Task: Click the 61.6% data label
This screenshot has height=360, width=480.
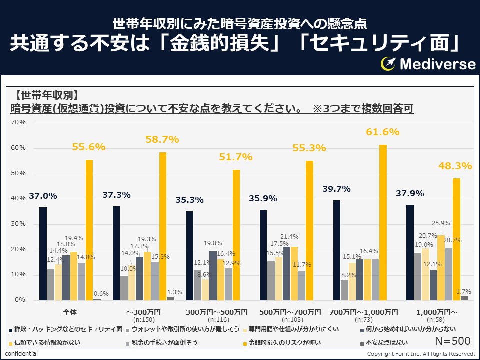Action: pos(383,132)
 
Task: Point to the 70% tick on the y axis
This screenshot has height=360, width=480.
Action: pos(18,122)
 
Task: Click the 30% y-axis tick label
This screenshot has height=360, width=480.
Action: pos(18,224)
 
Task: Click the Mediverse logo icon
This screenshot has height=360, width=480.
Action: pos(388,63)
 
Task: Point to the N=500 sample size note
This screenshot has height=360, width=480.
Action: pos(453,341)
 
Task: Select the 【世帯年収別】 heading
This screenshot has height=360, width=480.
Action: pos(46,94)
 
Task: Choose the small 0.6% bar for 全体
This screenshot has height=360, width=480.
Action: pos(97,299)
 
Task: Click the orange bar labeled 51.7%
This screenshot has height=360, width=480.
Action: pos(236,235)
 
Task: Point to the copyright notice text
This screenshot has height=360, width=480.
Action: pos(420,354)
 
